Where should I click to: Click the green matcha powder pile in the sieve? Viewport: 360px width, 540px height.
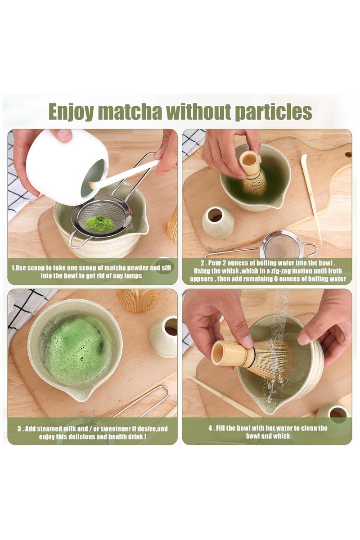100,223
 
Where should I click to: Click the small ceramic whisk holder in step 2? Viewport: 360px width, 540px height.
218,222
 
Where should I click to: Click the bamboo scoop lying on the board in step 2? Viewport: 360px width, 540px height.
311,199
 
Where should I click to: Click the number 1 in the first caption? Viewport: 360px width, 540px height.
13,268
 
